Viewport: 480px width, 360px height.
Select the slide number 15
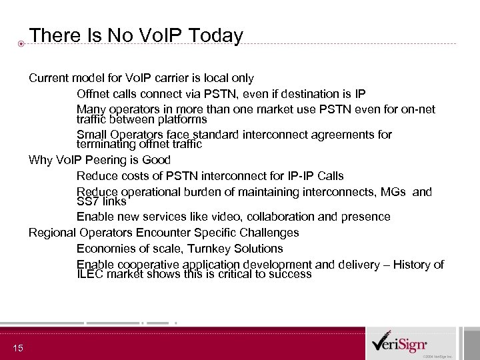[18, 347]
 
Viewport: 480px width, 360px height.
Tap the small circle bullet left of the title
[21, 44]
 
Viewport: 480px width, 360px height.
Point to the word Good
[157, 160]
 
